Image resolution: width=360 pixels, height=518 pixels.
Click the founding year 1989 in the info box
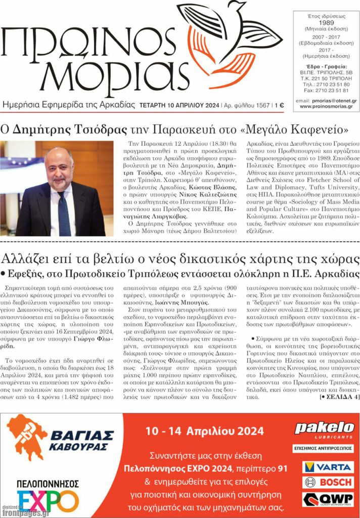326,23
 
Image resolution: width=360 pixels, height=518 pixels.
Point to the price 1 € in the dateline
279,106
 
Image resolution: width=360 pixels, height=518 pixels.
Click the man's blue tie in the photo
64,213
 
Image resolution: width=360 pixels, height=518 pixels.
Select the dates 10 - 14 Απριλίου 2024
204,431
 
